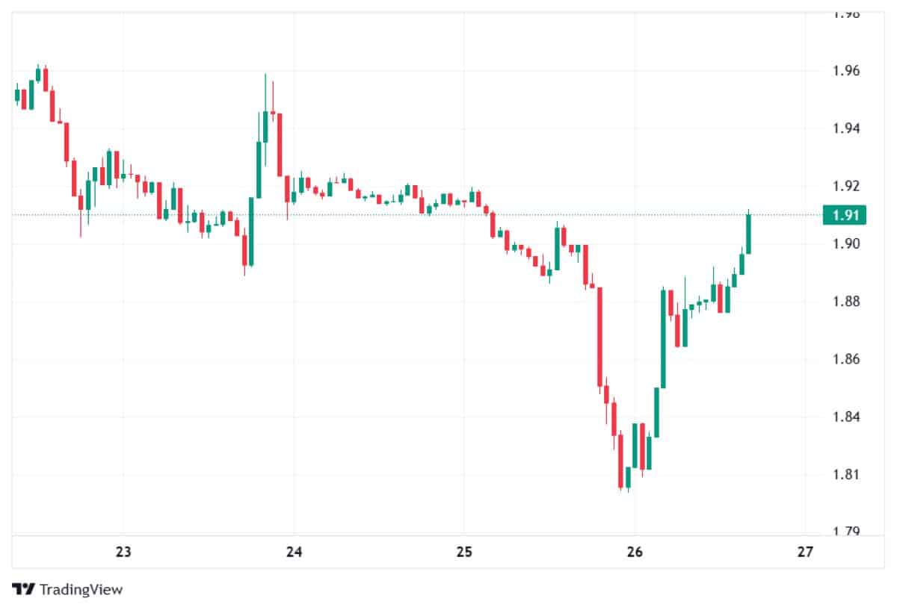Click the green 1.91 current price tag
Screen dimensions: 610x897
coord(844,215)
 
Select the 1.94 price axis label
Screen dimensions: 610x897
coord(846,129)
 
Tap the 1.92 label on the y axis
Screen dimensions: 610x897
coord(846,187)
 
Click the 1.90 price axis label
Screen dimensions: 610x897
coord(846,244)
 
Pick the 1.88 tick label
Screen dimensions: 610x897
coord(846,302)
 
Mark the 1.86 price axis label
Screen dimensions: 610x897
coord(846,359)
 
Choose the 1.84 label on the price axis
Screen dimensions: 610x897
coord(846,417)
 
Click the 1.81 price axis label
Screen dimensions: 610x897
coord(846,475)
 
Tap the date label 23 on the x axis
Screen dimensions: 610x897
coord(123,553)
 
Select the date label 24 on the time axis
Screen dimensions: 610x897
coord(294,553)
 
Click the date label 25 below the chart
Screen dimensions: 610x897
coord(464,553)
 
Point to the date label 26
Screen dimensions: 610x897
coord(635,553)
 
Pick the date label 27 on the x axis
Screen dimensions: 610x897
coord(804,553)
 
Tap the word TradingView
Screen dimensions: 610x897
coord(81,589)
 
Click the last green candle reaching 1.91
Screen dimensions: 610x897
coord(748,234)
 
